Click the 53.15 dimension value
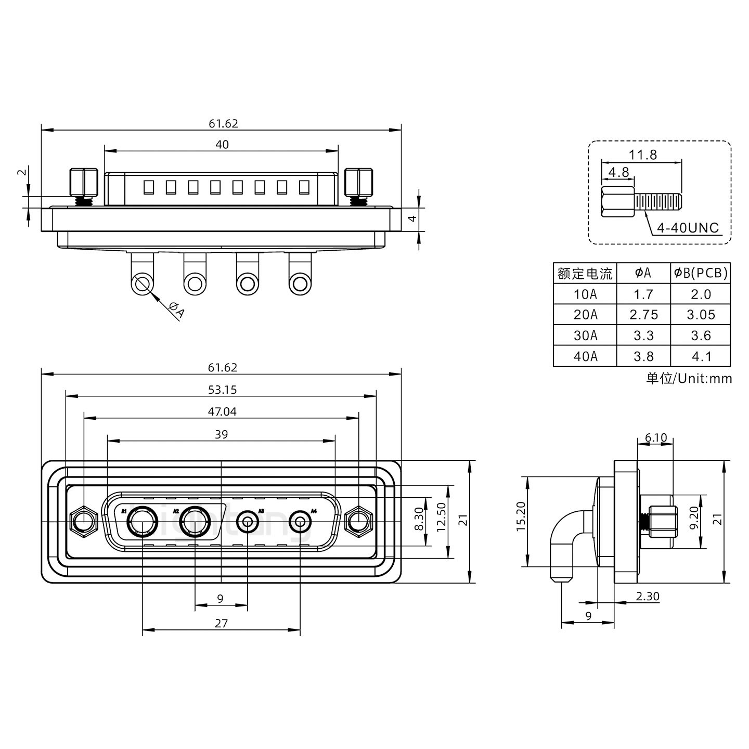coord(222,390)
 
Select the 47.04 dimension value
coord(222,411)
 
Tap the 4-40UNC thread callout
coord(688,228)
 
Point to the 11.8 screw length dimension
coord(642,154)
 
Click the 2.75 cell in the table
coord(643,315)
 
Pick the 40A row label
coord(585,356)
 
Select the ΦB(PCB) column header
coord(701,273)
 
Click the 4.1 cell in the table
coord(701,356)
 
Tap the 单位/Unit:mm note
coord(689,378)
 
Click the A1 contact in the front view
coord(143,522)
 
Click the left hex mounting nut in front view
coord(83,521)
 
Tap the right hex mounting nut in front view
coord(359,521)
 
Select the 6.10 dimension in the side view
coord(655,437)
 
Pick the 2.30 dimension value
coord(648,597)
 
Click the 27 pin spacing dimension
coord(221,623)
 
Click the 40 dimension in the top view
coord(222,145)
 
